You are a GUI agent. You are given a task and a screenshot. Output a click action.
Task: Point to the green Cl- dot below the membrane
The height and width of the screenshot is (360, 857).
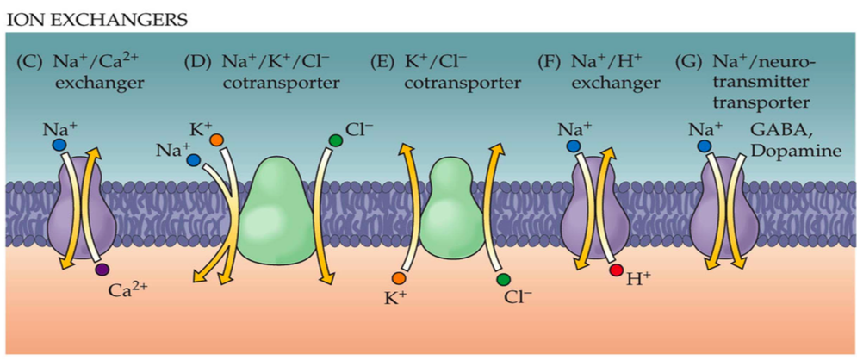[x=503, y=278]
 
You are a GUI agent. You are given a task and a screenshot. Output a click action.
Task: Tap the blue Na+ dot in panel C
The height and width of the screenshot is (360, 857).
[x=57, y=146]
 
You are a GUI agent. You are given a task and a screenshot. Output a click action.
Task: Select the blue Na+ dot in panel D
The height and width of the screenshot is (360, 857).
[x=194, y=159]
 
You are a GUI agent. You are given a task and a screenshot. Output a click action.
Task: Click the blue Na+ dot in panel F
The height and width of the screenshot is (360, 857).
[x=573, y=146]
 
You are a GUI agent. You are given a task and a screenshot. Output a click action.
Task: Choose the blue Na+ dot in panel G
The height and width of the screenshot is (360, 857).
[x=705, y=146]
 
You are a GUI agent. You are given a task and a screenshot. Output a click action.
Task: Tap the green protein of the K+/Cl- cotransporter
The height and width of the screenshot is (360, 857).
[x=450, y=210]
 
